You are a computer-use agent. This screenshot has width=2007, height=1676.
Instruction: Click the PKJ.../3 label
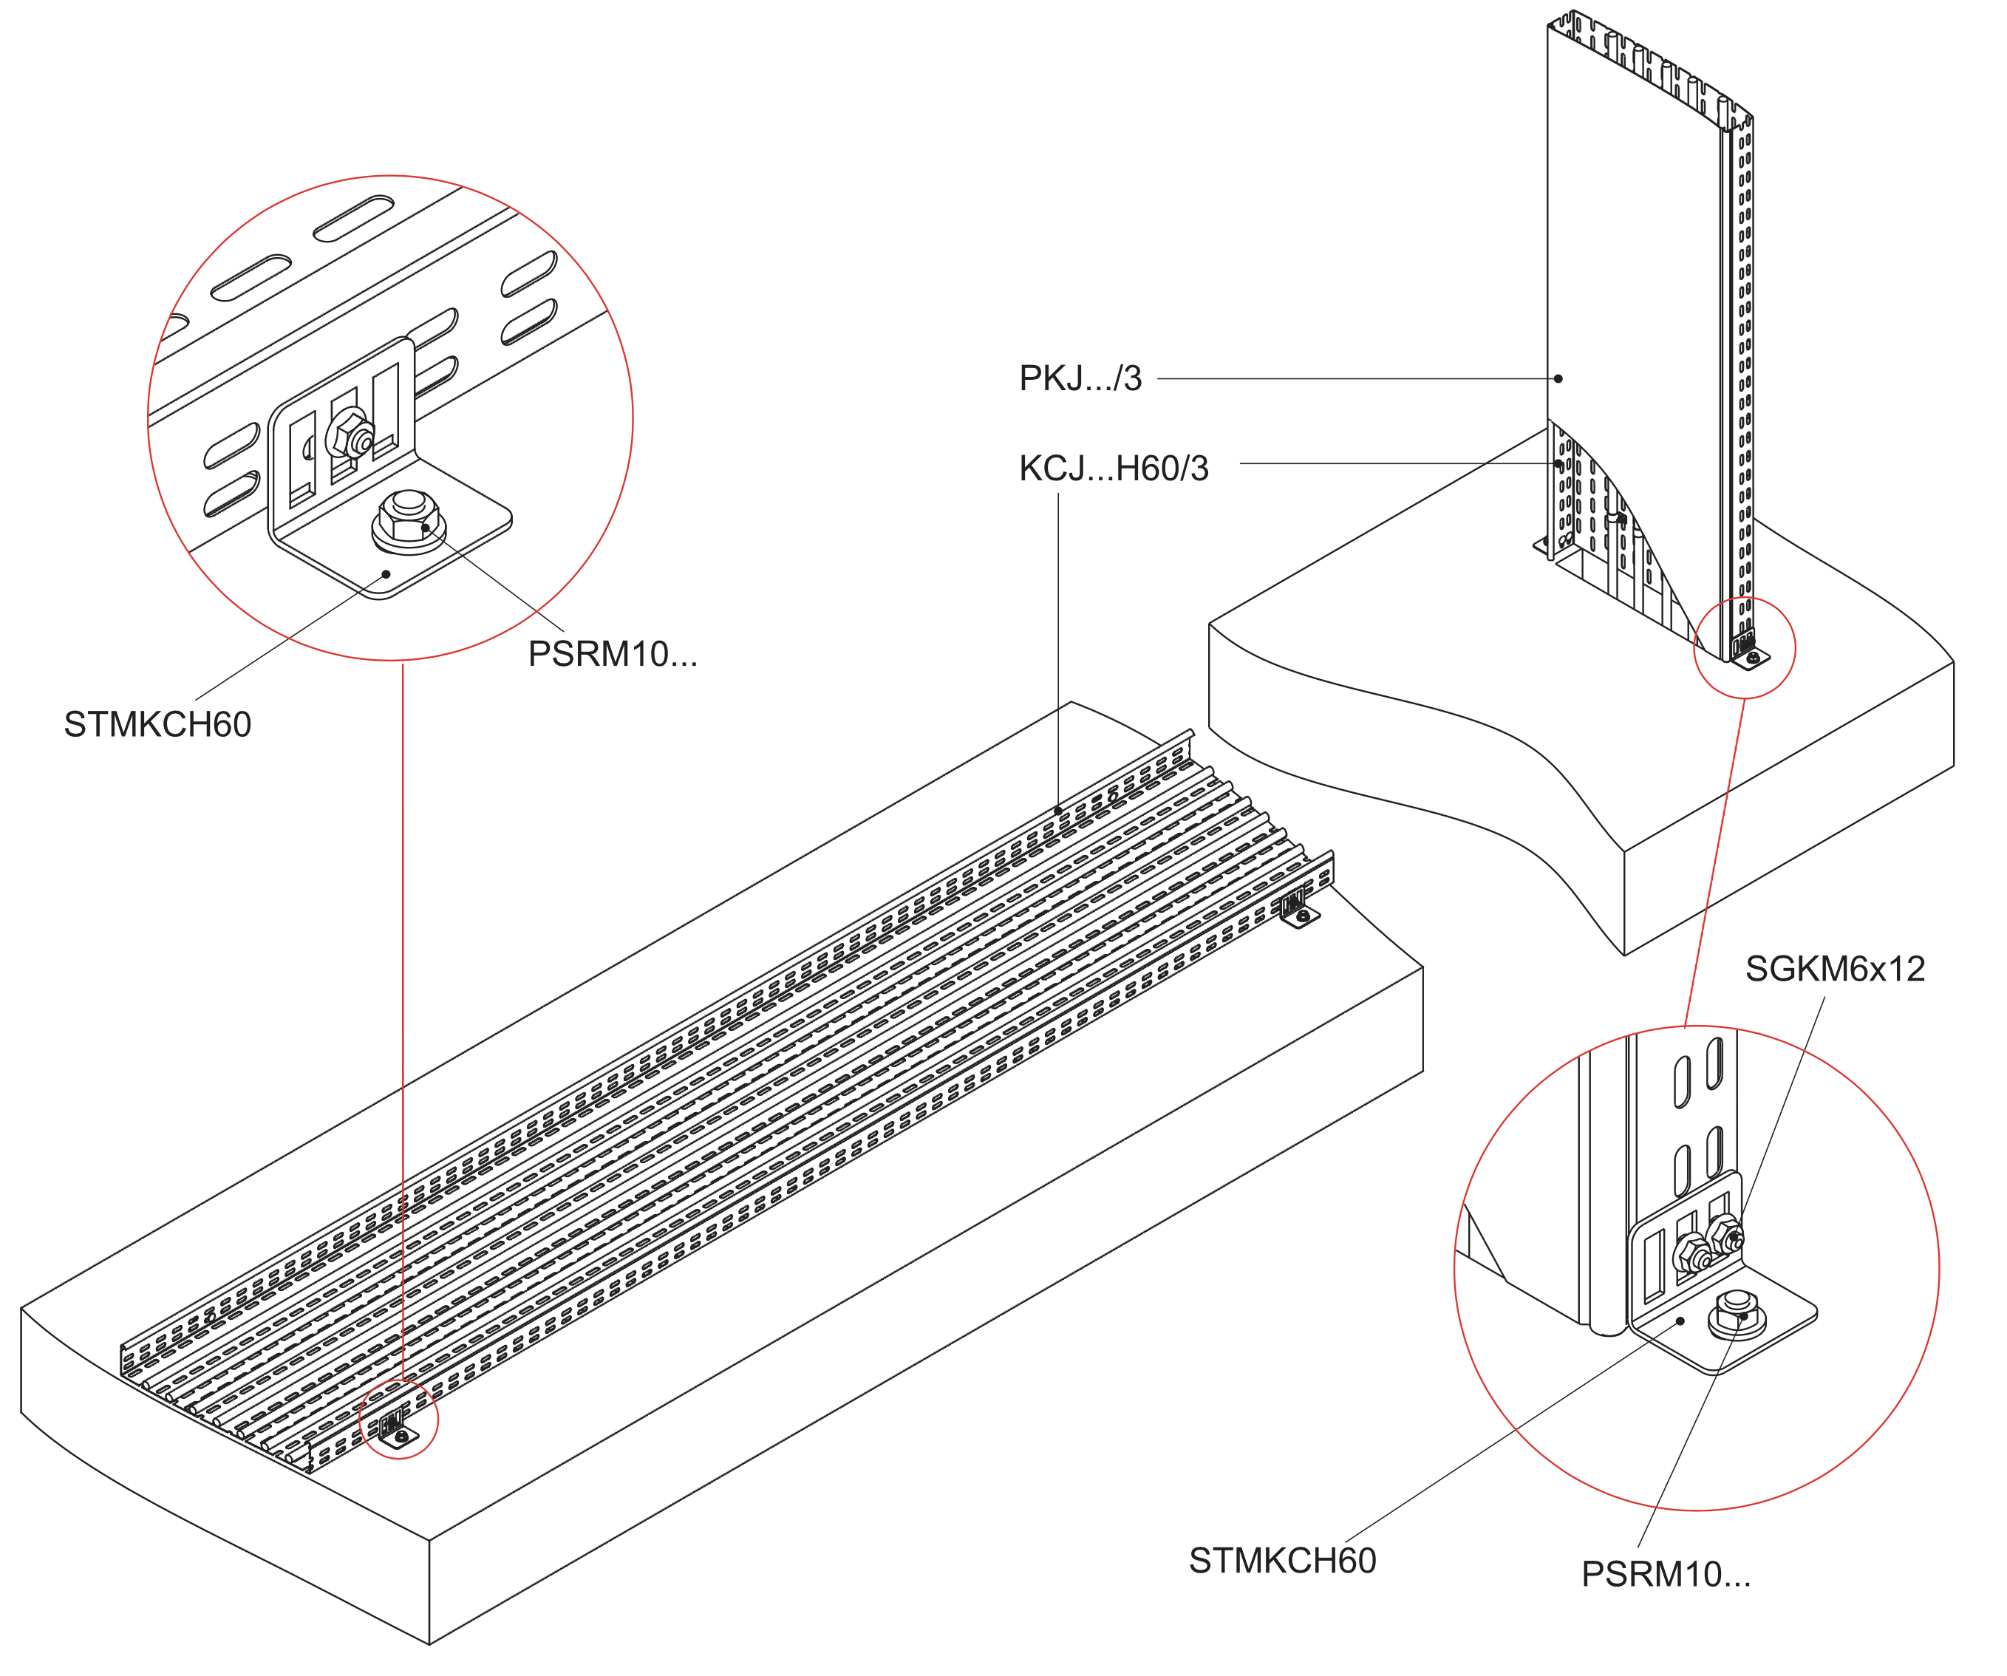click(x=1080, y=378)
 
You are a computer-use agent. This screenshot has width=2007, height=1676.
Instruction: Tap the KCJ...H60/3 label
click(x=1114, y=469)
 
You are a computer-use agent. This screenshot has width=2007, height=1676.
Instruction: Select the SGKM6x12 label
click(x=1835, y=969)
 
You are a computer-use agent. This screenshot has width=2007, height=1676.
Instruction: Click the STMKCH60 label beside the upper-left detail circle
click(x=157, y=724)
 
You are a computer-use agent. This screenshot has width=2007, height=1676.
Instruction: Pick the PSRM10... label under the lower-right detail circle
click(x=1666, y=1574)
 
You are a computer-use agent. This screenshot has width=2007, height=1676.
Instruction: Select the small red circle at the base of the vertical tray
click(x=1744, y=649)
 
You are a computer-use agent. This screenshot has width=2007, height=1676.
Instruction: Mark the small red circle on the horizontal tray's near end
click(x=398, y=1419)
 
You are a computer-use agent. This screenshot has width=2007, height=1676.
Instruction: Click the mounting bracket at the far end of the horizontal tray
click(x=1298, y=907)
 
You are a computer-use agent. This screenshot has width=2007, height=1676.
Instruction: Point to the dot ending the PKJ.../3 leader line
click(x=1558, y=378)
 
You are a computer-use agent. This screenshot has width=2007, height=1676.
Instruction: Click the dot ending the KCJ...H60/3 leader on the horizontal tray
click(x=1058, y=811)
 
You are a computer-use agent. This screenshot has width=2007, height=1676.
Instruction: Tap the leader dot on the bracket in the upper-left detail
click(x=386, y=573)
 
